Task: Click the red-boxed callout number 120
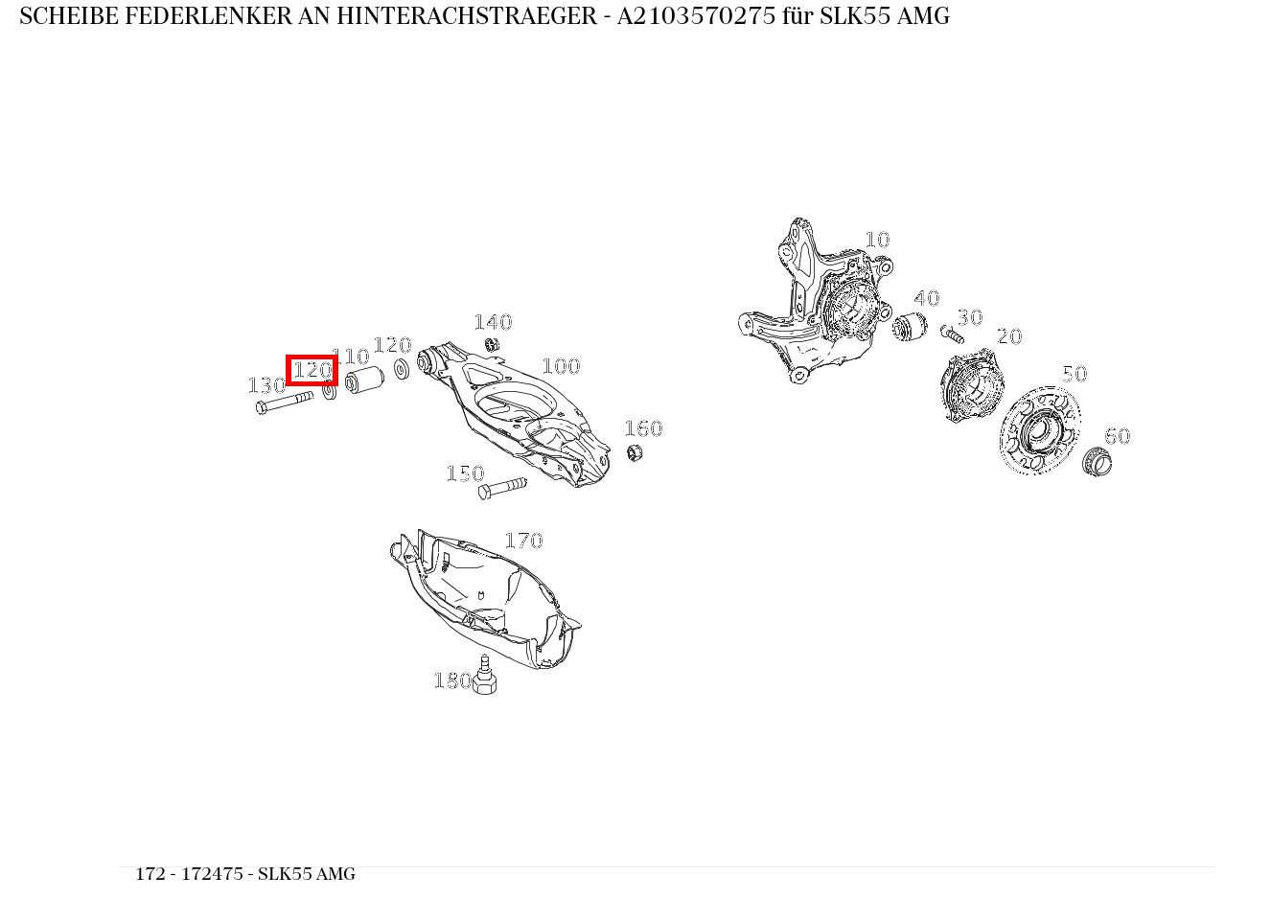pyautogui.click(x=312, y=370)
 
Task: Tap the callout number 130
pyautogui.click(x=266, y=385)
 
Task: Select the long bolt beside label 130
pyautogui.click(x=285, y=403)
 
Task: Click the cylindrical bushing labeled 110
pyautogui.click(x=364, y=380)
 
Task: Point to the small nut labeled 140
pyautogui.click(x=492, y=344)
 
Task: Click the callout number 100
pyautogui.click(x=561, y=366)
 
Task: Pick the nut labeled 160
pyautogui.click(x=635, y=452)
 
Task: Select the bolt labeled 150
pyautogui.click(x=502, y=488)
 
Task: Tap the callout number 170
pyautogui.click(x=523, y=541)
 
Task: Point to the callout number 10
pyautogui.click(x=877, y=240)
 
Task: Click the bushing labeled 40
pyautogui.click(x=910, y=327)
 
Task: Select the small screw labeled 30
pyautogui.click(x=952, y=334)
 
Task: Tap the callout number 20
pyautogui.click(x=1009, y=337)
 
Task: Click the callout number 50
pyautogui.click(x=1075, y=375)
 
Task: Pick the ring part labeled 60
pyautogui.click(x=1097, y=462)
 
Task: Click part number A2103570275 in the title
pyautogui.click(x=696, y=16)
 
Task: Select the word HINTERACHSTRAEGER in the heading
pyautogui.click(x=467, y=16)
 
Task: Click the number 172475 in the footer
pyautogui.click(x=212, y=874)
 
